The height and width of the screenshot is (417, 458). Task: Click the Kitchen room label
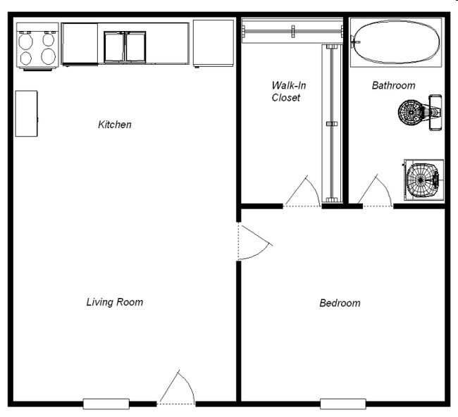[x=114, y=125]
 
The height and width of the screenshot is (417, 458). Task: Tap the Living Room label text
[x=114, y=302]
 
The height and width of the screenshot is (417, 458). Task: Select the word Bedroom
[x=340, y=303]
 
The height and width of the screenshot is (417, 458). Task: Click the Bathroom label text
[x=393, y=85]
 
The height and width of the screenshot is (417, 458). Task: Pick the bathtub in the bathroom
[x=396, y=43]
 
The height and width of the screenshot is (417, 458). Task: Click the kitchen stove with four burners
[x=37, y=46]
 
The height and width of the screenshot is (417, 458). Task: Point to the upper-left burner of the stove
[x=26, y=40]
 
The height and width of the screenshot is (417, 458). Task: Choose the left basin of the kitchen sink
[x=114, y=47]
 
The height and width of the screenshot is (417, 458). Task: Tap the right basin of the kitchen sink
[x=135, y=47]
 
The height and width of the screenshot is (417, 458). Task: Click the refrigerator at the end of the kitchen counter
[x=213, y=43]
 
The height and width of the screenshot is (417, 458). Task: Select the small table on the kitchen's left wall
[x=26, y=113]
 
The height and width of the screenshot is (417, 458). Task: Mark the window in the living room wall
[x=106, y=404]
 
